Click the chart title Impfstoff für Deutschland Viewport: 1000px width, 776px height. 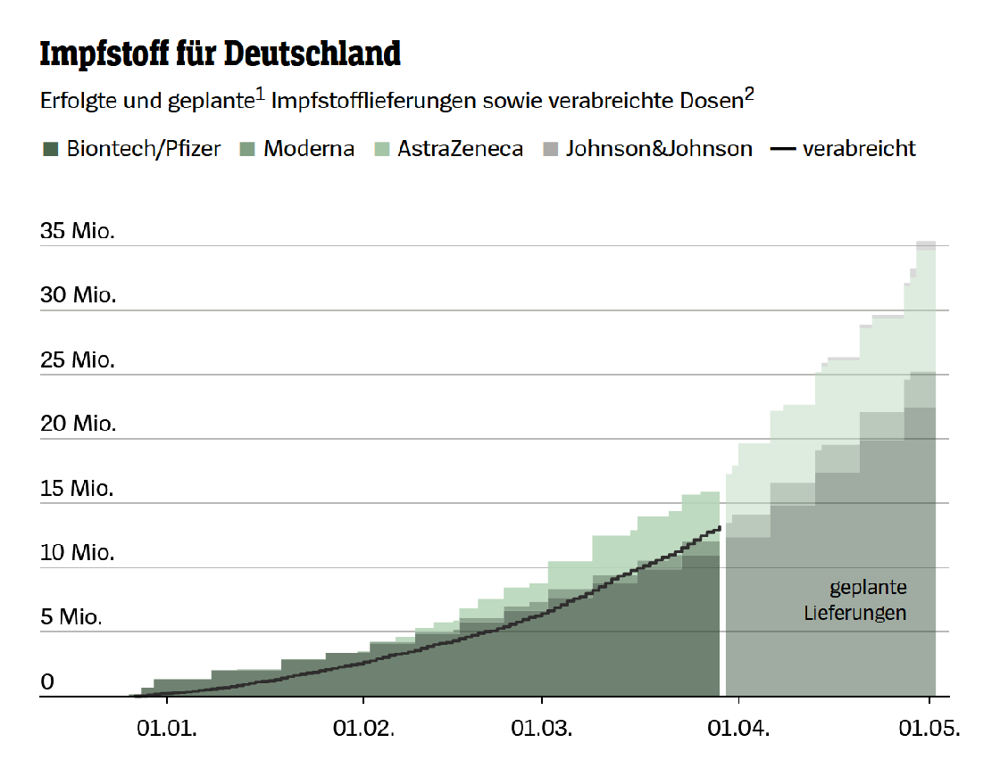(221, 54)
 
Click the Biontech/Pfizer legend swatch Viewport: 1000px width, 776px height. (49, 149)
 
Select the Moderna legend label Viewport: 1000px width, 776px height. (308, 149)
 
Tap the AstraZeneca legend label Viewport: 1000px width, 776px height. (460, 149)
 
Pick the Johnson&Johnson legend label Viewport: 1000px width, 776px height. (659, 149)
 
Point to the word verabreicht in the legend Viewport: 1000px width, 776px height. (859, 149)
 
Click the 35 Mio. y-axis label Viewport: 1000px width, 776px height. (79, 231)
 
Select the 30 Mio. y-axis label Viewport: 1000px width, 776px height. (79, 295)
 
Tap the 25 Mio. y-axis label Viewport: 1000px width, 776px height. (79, 360)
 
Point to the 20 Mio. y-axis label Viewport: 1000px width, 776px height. (79, 424)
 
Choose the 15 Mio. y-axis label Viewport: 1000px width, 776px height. (79, 489)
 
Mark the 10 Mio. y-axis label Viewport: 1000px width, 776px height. (79, 553)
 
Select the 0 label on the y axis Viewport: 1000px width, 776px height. (48, 682)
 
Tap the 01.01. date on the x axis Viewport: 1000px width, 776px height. (167, 728)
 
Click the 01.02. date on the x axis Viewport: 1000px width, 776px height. (363, 728)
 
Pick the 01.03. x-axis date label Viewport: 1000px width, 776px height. (541, 728)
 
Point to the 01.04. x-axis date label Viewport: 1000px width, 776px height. (737, 728)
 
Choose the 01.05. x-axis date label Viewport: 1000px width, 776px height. (929, 728)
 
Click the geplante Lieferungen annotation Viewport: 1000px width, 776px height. (857, 600)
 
